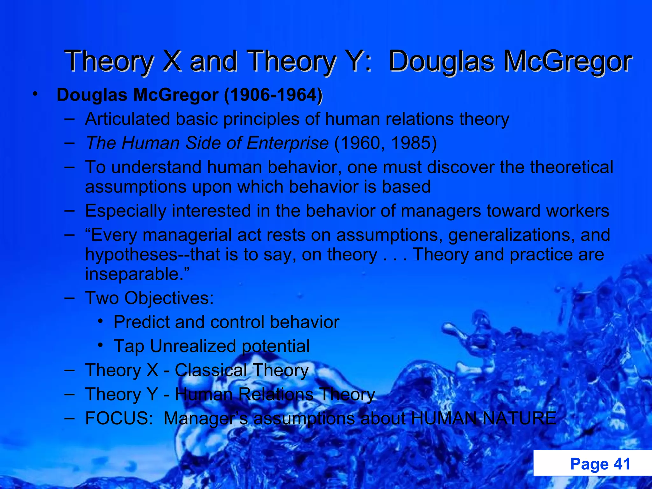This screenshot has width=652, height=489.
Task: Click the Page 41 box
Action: pyautogui.click(x=592, y=463)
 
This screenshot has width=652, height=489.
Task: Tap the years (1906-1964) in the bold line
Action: pyautogui.click(x=273, y=95)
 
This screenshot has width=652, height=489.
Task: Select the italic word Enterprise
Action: pyautogui.click(x=287, y=143)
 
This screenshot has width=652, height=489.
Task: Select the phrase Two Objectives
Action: pyautogui.click(x=149, y=298)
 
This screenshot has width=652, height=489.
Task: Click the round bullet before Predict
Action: pyautogui.click(x=101, y=321)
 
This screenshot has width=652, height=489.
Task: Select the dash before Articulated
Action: pyautogui.click(x=69, y=119)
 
